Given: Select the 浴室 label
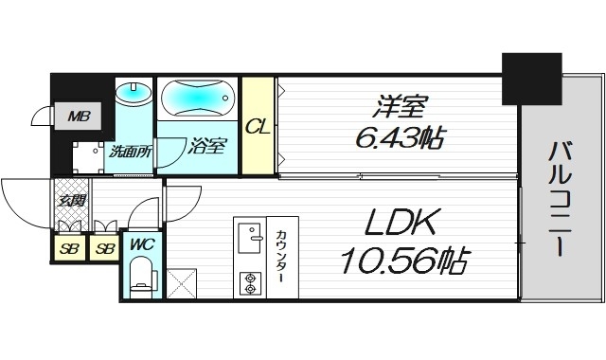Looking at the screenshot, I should click(x=206, y=146).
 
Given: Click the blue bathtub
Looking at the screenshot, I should click(x=199, y=98).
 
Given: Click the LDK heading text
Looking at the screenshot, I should click(x=399, y=224).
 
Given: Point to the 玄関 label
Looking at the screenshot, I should click(x=70, y=200).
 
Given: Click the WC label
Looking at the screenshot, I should click(x=140, y=243).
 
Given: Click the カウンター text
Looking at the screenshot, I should click(x=282, y=257).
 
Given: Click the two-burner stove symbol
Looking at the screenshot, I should click(x=251, y=281).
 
